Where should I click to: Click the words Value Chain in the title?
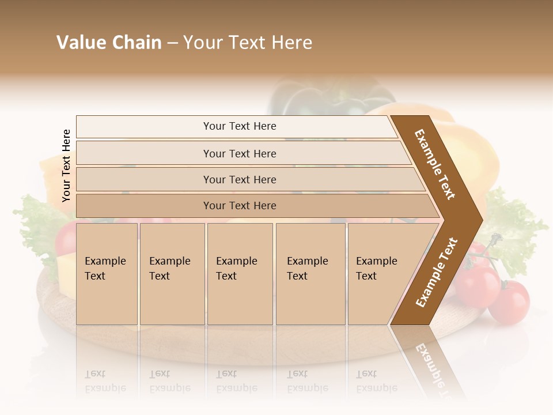[x=109, y=43]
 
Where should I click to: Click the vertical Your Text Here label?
[x=66, y=166]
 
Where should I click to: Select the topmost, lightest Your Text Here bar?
[x=239, y=126]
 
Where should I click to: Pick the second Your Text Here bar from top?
[x=239, y=153]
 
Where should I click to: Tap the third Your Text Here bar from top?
[x=239, y=179]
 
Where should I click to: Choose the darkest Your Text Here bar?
[x=239, y=206]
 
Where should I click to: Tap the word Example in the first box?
[x=105, y=261]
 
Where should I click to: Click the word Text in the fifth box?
[x=366, y=276]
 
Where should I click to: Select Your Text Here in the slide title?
[x=248, y=43]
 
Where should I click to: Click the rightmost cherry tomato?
[x=510, y=302]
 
